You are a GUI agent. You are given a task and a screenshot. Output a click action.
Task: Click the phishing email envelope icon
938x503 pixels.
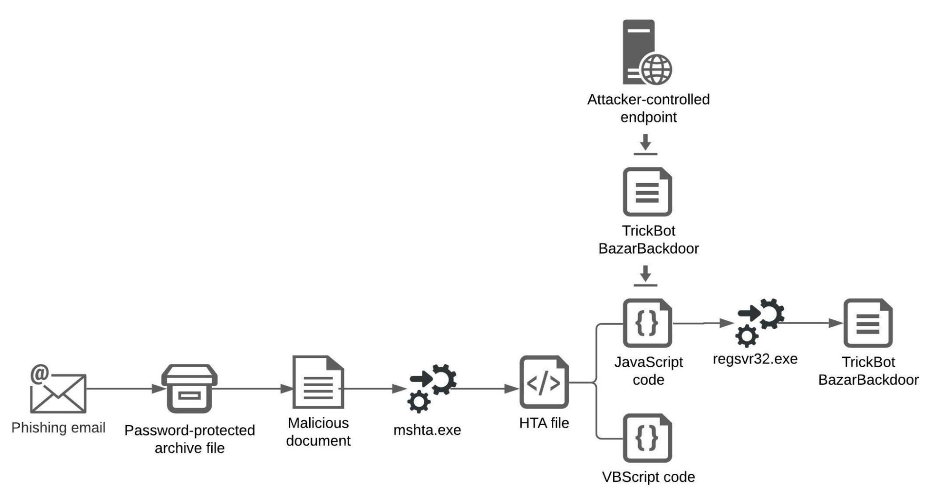pyautogui.click(x=58, y=394)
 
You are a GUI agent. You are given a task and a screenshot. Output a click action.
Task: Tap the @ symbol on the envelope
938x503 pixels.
pyautogui.click(x=40, y=374)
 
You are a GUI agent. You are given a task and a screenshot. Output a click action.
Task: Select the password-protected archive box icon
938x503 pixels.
pyautogui.click(x=189, y=388)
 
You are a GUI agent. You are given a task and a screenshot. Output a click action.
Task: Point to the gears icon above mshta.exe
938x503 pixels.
pyautogui.click(x=432, y=387)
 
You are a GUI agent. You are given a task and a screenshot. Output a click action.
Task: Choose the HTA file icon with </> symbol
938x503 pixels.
pyautogui.click(x=544, y=382)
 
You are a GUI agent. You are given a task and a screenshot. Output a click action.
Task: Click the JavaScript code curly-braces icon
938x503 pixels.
pyautogui.click(x=647, y=323)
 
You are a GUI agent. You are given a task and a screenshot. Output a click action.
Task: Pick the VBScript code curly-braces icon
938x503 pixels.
pyautogui.click(x=647, y=438)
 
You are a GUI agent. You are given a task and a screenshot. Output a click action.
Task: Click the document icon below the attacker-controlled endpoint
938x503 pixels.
pyautogui.click(x=647, y=192)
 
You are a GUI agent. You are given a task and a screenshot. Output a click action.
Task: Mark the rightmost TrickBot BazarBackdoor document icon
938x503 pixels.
pyautogui.click(x=868, y=323)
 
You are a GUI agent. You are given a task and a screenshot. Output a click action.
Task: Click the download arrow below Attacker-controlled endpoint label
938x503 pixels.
pyautogui.click(x=645, y=144)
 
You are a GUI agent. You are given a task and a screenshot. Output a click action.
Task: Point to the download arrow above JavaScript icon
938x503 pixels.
pyautogui.click(x=645, y=275)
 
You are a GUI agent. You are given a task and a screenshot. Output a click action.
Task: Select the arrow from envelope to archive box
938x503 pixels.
pyautogui.click(x=124, y=388)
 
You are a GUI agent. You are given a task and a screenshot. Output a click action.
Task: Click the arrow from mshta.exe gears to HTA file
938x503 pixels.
pyautogui.click(x=486, y=388)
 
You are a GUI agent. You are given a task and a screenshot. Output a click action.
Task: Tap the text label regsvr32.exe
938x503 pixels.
pyautogui.click(x=755, y=359)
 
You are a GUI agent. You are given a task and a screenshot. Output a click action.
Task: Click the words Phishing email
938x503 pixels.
pyautogui.click(x=58, y=427)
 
